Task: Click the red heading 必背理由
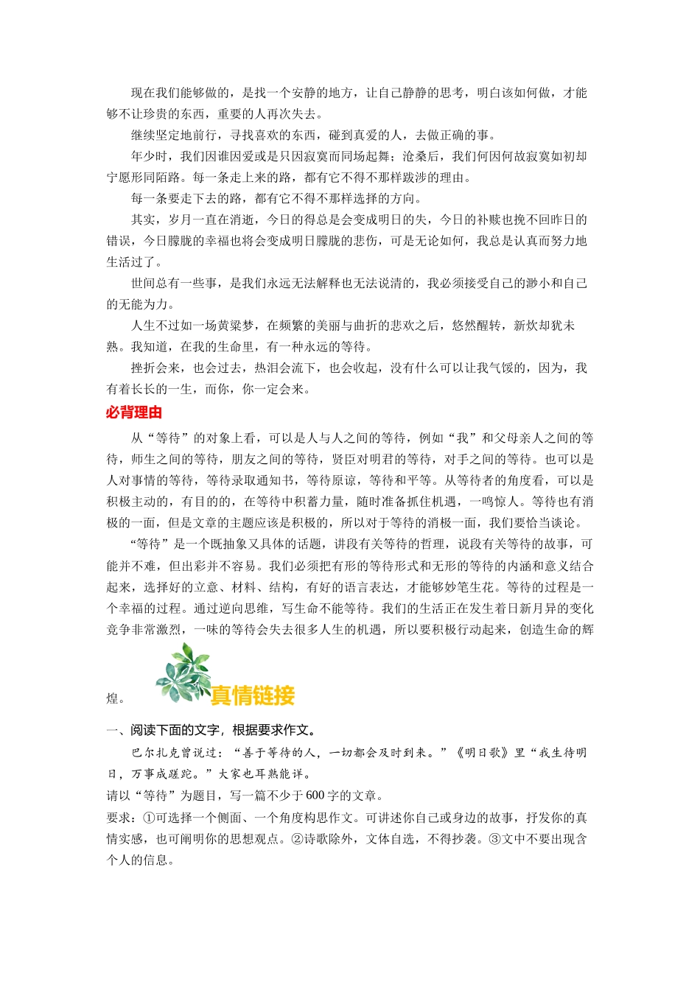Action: tap(133, 412)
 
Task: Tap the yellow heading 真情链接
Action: tap(252, 695)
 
